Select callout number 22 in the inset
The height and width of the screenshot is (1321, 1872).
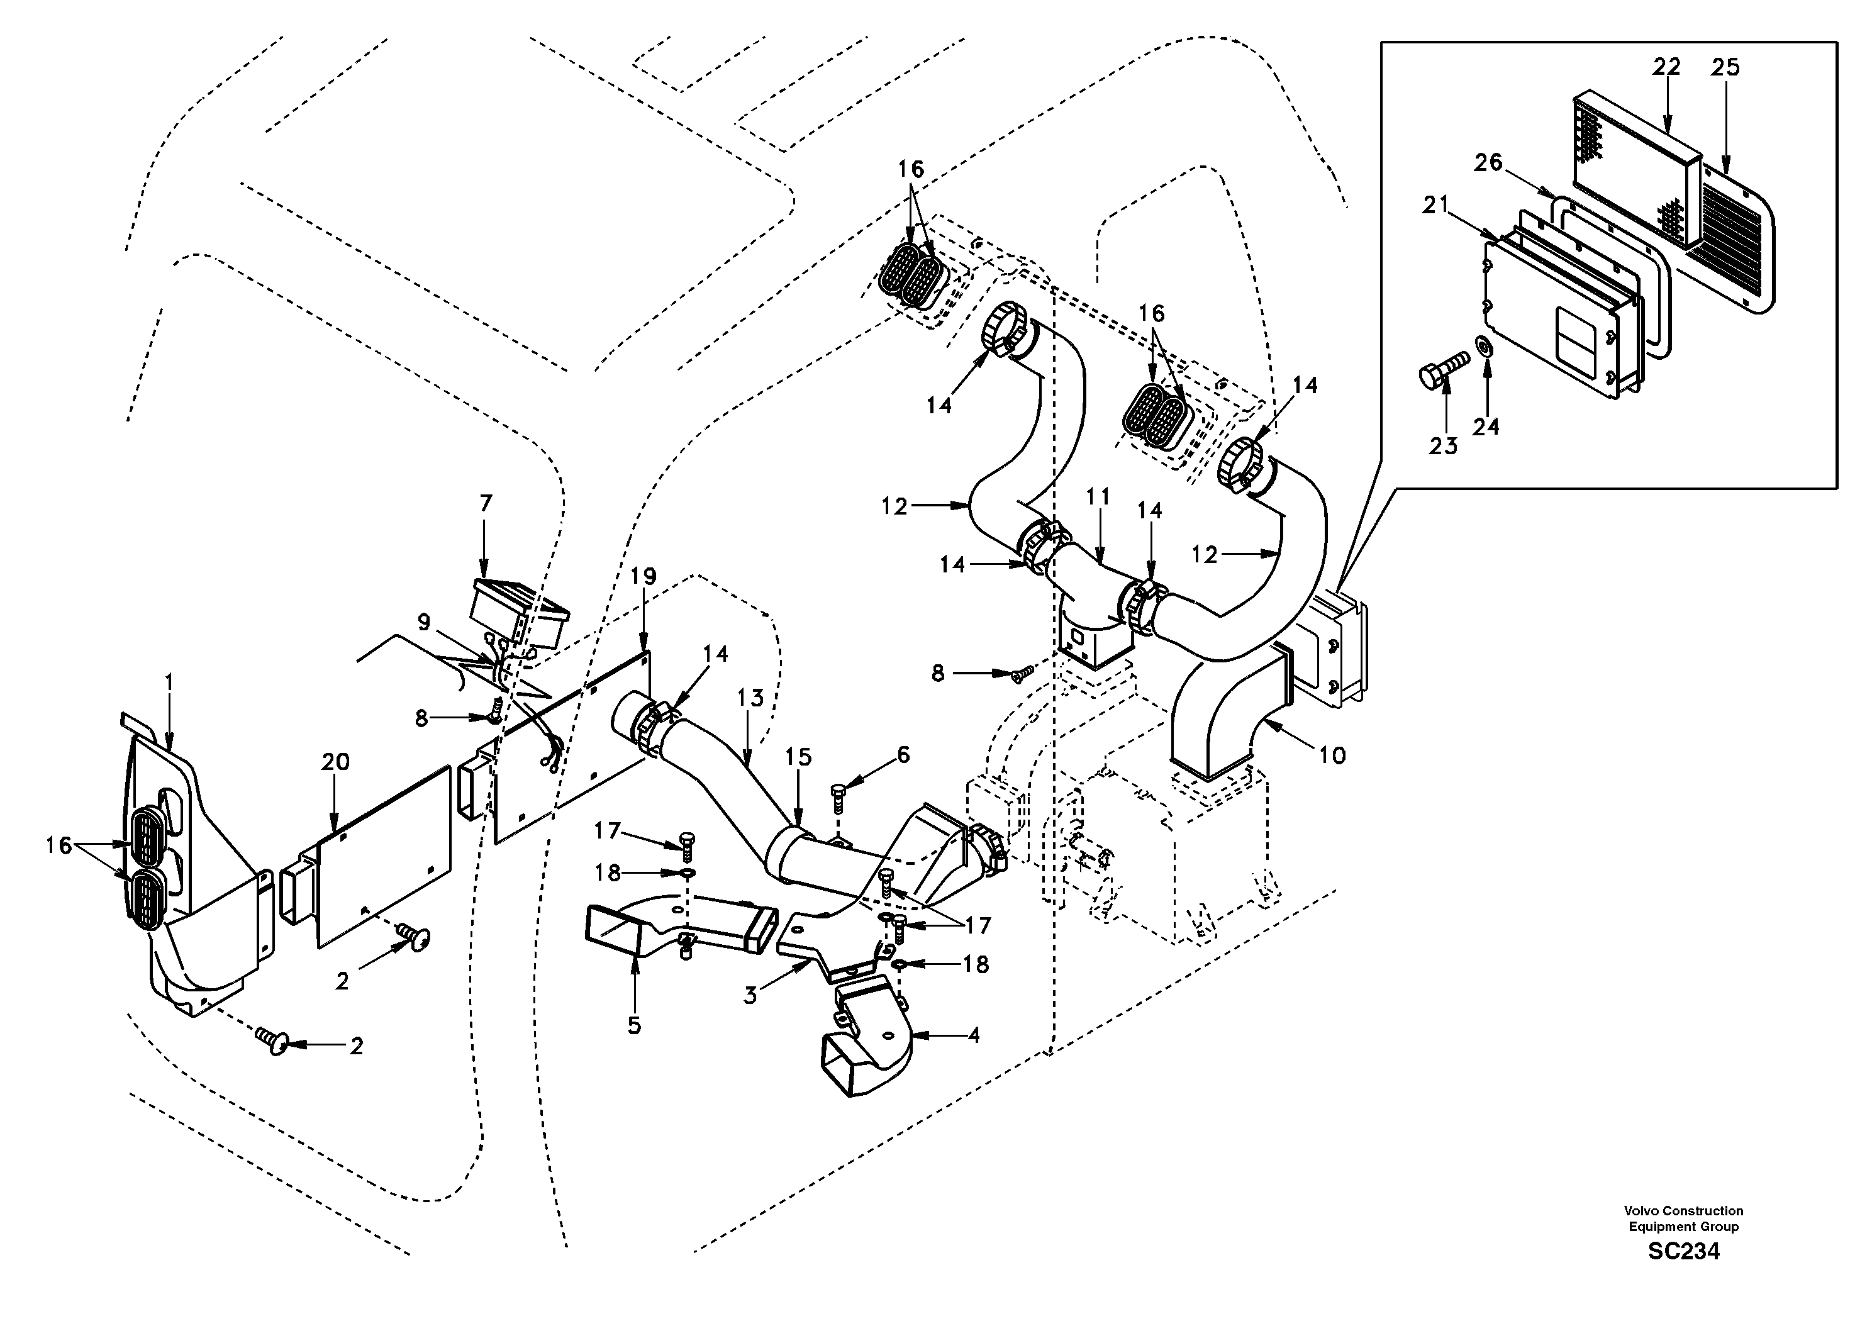coord(1666,67)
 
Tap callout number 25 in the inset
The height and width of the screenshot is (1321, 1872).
coord(1725,67)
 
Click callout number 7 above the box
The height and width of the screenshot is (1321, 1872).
coord(486,504)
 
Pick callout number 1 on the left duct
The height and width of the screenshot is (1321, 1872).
coord(169,679)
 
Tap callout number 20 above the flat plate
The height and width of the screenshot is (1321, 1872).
coord(335,762)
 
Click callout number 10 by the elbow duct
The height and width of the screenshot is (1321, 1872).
coord(1332,755)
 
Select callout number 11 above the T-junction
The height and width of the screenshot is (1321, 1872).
coord(1098,496)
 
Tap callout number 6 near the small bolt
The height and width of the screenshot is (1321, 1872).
coord(903,755)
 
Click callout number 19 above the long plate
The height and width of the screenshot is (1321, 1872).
coord(643,576)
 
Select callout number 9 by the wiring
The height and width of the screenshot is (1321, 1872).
coord(424,622)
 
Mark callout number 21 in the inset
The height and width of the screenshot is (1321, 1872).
coord(1434,206)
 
